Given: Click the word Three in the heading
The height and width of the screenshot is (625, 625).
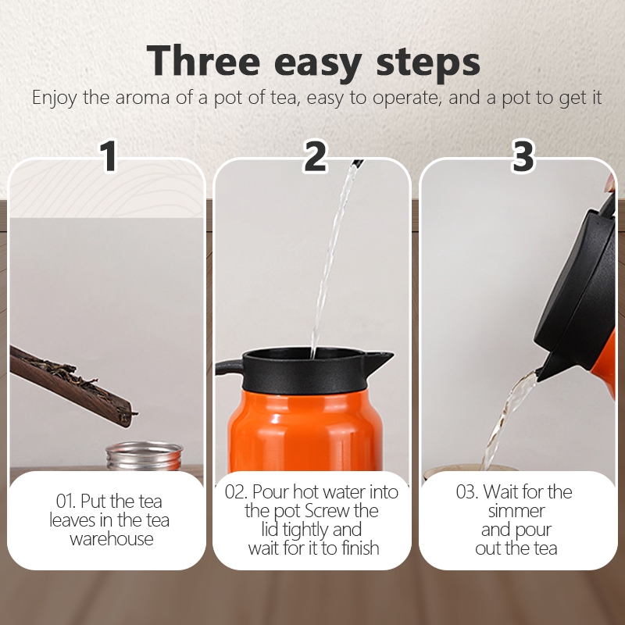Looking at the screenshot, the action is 203,61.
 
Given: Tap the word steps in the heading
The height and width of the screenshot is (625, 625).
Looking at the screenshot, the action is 428,62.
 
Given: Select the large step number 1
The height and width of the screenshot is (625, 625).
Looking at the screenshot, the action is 108,155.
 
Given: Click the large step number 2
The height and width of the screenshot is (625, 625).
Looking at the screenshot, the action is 315,155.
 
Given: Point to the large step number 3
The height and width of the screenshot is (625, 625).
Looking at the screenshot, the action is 523,155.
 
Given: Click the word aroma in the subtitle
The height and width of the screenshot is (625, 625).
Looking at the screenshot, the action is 142,98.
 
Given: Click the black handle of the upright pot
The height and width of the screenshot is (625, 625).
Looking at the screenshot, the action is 229,366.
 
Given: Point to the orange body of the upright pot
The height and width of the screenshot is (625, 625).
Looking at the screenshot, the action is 305,431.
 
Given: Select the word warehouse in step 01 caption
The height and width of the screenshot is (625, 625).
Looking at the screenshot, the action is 112,539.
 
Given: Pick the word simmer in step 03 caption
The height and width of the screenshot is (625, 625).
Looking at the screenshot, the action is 516,511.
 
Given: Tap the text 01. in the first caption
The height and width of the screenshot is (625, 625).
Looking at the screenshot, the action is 66,502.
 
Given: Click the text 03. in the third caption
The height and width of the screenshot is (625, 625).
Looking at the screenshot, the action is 466,492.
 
